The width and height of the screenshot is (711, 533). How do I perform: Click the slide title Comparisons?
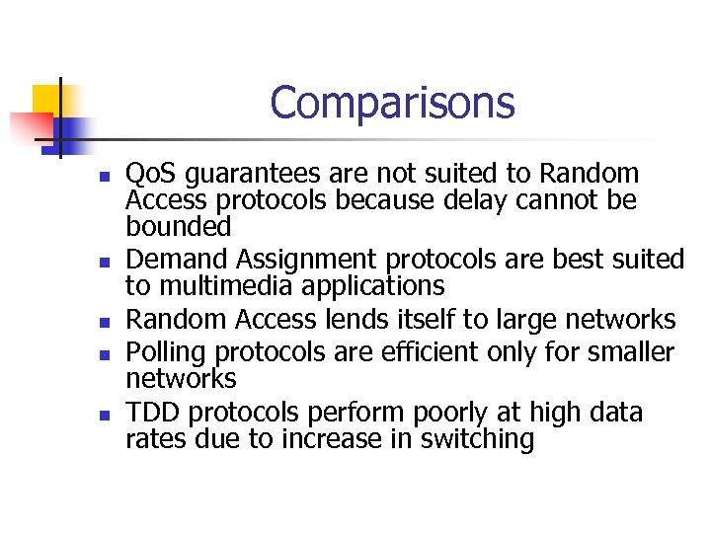[392, 103]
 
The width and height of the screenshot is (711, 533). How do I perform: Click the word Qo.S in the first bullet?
[151, 175]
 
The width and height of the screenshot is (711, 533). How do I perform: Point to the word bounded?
[178, 227]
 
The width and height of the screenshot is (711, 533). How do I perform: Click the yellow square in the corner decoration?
[45, 99]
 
